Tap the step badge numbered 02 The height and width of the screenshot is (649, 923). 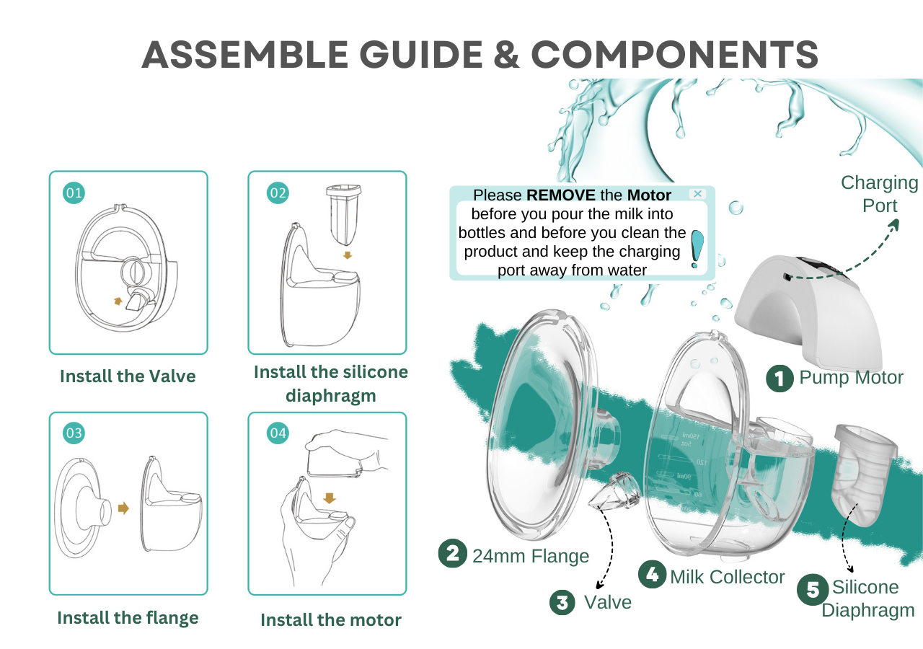point(278,193)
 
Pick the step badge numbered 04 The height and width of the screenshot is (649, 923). point(278,433)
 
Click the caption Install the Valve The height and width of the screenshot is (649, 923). point(128,376)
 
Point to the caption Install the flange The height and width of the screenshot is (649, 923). point(128,618)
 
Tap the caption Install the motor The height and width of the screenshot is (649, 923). point(330,620)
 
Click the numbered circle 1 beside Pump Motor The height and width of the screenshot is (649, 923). point(780,378)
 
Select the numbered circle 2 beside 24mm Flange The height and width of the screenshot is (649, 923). point(452,554)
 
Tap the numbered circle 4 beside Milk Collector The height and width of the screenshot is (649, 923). point(653,575)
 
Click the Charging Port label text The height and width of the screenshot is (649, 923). point(880,194)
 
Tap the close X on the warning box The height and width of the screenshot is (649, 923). point(697,194)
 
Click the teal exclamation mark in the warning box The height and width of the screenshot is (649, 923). point(697,248)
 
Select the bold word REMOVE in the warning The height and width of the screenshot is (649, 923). point(561,195)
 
